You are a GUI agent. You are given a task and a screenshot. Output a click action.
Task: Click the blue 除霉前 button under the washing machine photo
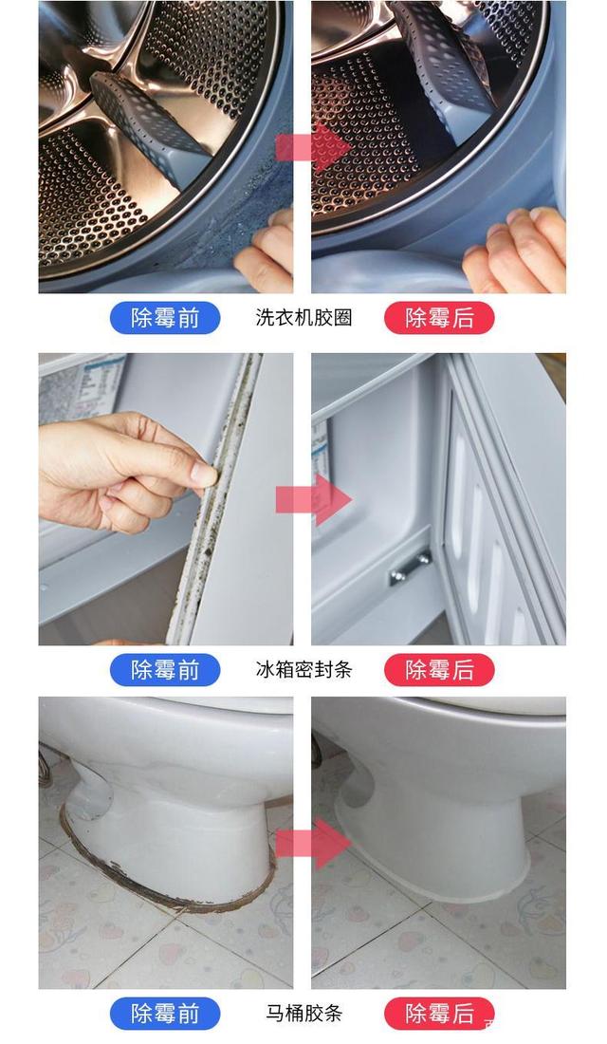pyautogui.click(x=165, y=318)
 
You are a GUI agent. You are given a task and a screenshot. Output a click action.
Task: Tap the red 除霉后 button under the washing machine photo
pyautogui.click(x=439, y=318)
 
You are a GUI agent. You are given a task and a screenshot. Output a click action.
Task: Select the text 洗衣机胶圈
pyautogui.click(x=303, y=318)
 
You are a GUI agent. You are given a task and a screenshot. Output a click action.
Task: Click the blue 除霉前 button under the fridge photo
pyautogui.click(x=165, y=670)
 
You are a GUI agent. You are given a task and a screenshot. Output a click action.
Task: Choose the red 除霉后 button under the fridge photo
pyautogui.click(x=439, y=670)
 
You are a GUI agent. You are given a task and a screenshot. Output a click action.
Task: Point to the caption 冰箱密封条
pyautogui.click(x=303, y=670)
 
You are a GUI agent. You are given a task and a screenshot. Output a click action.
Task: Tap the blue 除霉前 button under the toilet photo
pyautogui.click(x=165, y=1013)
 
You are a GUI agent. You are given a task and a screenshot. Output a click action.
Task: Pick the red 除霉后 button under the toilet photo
pyautogui.click(x=439, y=1013)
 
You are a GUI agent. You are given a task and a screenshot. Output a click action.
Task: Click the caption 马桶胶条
pyautogui.click(x=303, y=1013)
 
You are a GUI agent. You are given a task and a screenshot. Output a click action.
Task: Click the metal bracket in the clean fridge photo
pyautogui.click(x=410, y=568)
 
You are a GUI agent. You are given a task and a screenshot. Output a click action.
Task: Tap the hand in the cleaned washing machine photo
pyautogui.click(x=517, y=252)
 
